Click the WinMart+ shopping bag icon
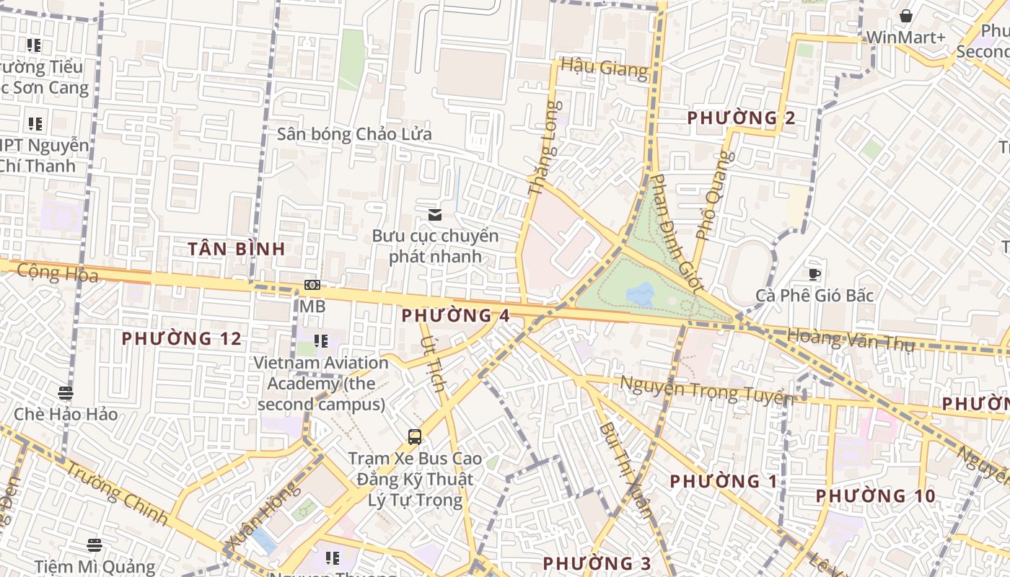(906, 16)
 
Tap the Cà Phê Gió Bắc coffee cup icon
(814, 274)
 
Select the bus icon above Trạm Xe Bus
(415, 436)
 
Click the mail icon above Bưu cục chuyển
(435, 214)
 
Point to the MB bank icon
(312, 285)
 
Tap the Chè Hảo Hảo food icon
(66, 393)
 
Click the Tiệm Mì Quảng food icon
(95, 545)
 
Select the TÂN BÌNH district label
(237, 249)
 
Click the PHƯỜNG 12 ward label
(181, 338)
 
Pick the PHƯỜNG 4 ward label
(456, 315)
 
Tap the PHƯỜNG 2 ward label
(742, 118)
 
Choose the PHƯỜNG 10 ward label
(876, 496)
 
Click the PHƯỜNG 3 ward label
(597, 563)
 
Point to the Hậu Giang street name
(605, 69)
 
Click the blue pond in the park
(641, 294)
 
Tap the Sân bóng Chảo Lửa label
(355, 134)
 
